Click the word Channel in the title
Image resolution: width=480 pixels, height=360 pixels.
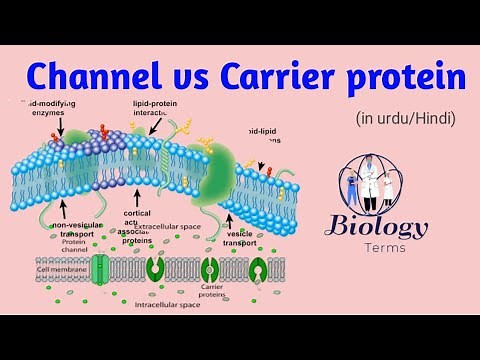pyautogui.click(x=89, y=78)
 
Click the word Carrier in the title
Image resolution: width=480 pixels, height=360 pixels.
pyautogui.click(x=257, y=78)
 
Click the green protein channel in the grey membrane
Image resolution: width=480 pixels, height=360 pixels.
pyautogui.click(x=99, y=269)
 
